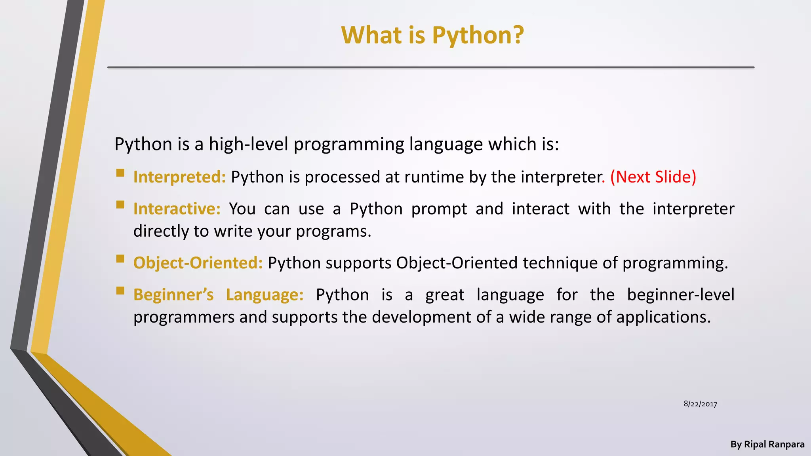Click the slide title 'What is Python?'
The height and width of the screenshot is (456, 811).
(x=432, y=35)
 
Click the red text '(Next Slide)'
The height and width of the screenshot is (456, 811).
(x=653, y=177)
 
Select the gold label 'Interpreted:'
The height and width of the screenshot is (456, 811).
(x=179, y=177)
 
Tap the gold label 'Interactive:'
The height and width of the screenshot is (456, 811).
(x=177, y=209)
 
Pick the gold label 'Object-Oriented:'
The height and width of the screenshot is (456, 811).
(x=198, y=263)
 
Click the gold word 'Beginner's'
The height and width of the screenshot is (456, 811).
(x=173, y=295)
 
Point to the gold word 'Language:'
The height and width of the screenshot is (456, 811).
(x=265, y=295)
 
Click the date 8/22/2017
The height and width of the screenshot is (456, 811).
(x=700, y=404)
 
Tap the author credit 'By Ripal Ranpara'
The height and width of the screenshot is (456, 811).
(x=767, y=445)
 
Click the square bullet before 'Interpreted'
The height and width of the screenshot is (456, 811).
(x=120, y=173)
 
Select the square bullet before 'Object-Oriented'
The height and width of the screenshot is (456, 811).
(x=120, y=259)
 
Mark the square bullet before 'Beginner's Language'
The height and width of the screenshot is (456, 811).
(x=120, y=291)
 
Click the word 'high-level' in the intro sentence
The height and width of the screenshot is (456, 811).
(x=248, y=144)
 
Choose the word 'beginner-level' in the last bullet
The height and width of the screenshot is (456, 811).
(x=680, y=295)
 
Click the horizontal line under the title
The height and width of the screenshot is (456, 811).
(x=431, y=67)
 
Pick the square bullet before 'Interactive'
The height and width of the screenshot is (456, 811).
(x=120, y=205)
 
